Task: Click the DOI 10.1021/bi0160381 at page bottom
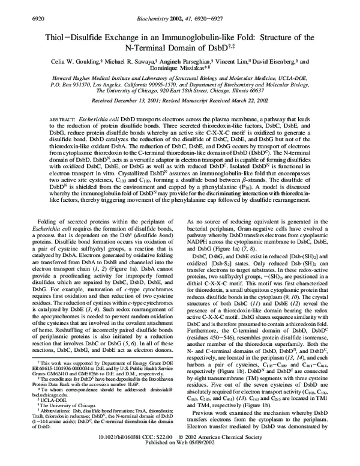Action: tap(125, 455)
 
